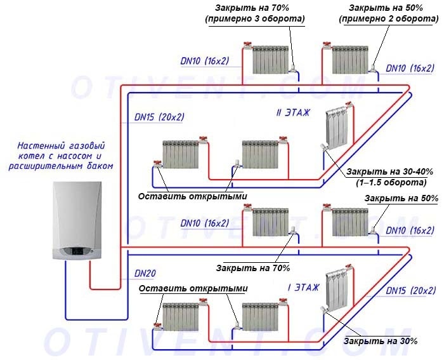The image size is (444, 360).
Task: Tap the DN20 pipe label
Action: tap(145, 273)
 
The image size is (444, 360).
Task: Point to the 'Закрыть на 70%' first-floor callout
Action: tap(252, 267)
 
